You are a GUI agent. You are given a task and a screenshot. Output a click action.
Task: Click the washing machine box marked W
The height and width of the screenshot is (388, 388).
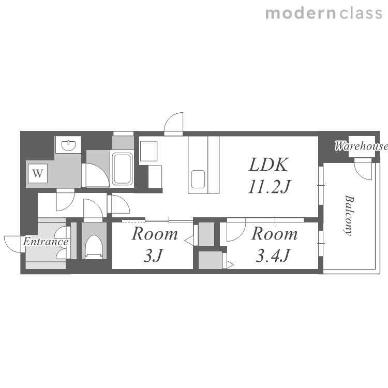click(x=38, y=173)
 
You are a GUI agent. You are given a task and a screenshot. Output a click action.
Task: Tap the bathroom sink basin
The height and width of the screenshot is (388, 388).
click(x=68, y=145)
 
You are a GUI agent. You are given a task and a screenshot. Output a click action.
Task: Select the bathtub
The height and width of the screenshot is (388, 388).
click(x=122, y=169)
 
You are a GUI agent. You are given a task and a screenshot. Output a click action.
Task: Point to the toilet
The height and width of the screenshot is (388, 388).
click(x=94, y=247)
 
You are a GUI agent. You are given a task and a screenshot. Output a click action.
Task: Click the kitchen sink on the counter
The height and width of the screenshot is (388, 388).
click(x=198, y=179)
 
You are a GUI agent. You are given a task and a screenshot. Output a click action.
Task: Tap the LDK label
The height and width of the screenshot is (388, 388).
click(x=268, y=165)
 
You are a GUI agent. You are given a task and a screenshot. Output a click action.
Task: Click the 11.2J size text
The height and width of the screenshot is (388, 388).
click(x=269, y=186)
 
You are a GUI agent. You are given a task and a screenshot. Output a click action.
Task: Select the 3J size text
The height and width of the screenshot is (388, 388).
click(x=154, y=256)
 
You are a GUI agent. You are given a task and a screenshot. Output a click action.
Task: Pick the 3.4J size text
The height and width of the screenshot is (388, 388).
click(x=273, y=256)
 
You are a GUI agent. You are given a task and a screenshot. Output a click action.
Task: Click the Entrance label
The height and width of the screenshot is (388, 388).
click(x=46, y=242)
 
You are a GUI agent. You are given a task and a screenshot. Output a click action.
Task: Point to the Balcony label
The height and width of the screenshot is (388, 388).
click(x=349, y=215)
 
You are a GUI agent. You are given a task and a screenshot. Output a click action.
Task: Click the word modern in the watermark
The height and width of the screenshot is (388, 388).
click(x=301, y=13)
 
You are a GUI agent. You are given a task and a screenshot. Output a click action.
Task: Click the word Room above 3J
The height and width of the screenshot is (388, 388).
click(x=155, y=234)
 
